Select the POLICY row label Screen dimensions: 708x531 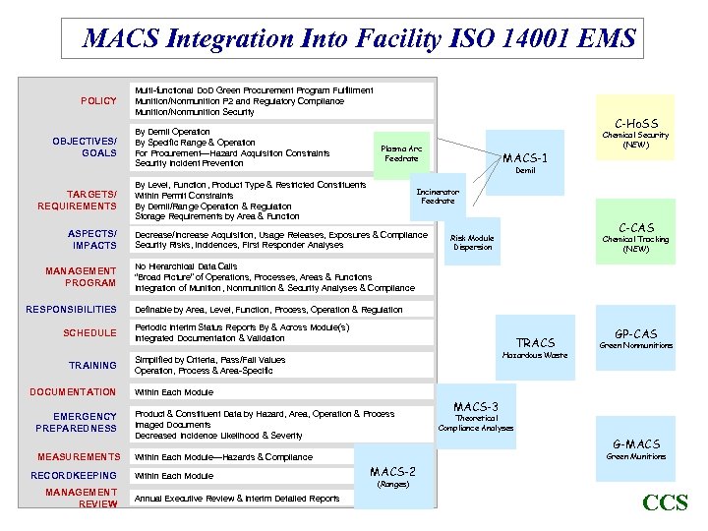click(98, 100)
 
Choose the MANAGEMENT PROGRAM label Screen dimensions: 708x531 click(81, 276)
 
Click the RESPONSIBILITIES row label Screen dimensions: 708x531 click(71, 309)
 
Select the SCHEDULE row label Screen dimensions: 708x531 click(89, 332)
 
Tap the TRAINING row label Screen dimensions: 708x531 click(92, 365)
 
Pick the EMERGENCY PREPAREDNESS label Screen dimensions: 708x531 click(76, 422)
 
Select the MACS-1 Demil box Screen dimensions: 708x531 click(525, 161)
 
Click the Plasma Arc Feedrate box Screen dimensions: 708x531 click(401, 153)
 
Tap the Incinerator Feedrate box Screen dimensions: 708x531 click(438, 195)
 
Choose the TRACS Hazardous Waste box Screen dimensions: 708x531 click(535, 348)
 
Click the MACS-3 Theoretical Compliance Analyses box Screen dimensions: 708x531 click(476, 416)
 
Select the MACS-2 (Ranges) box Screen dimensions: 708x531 click(392, 477)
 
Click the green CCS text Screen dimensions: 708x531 click(665, 503)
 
